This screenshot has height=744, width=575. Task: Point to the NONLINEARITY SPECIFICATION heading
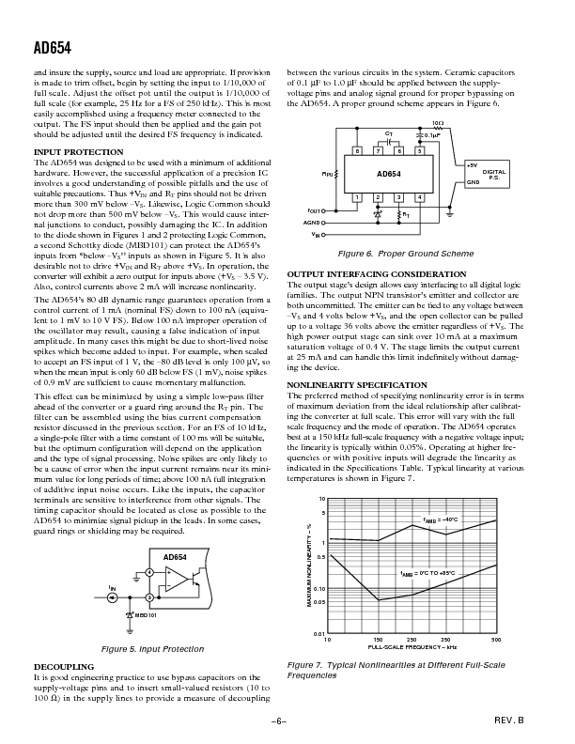(350, 385)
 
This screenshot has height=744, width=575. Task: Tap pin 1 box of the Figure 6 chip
(357, 197)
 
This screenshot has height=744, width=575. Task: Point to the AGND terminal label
(313, 223)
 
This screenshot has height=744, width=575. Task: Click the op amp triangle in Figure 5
(175, 584)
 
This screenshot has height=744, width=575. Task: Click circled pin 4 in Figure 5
(150, 573)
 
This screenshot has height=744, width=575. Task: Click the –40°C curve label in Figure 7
(440, 519)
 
